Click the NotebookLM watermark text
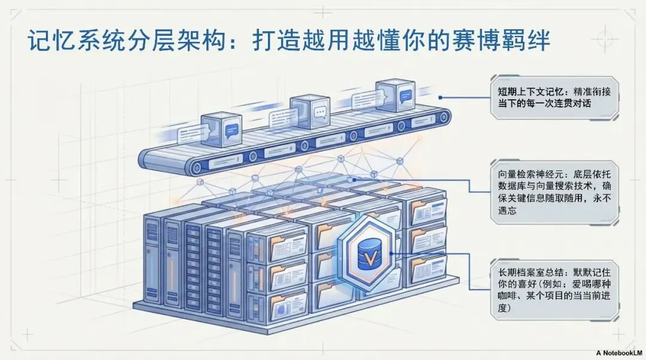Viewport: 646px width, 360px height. pyautogui.click(x=619, y=353)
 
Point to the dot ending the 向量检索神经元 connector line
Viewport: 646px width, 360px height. pyautogui.click(x=355, y=178)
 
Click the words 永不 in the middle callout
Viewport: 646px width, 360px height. pyautogui.click(x=604, y=200)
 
